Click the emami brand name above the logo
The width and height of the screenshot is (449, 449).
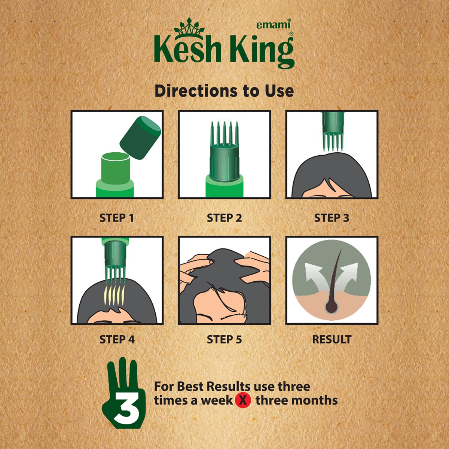(273, 25)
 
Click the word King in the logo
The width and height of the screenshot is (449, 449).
(262, 50)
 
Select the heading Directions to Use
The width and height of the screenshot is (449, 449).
(224, 91)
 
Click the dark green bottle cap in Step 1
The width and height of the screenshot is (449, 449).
(140, 138)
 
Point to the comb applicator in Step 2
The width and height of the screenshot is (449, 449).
(224, 150)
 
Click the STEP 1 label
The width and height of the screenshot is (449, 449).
(116, 218)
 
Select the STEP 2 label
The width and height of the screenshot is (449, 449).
(224, 218)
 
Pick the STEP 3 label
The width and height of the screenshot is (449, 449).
(332, 218)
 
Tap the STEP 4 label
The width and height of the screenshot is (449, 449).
(117, 339)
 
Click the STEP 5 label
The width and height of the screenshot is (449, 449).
(224, 339)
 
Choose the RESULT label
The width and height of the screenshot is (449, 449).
(332, 339)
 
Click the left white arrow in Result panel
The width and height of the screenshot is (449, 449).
(313, 275)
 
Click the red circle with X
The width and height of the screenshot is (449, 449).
(243, 400)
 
